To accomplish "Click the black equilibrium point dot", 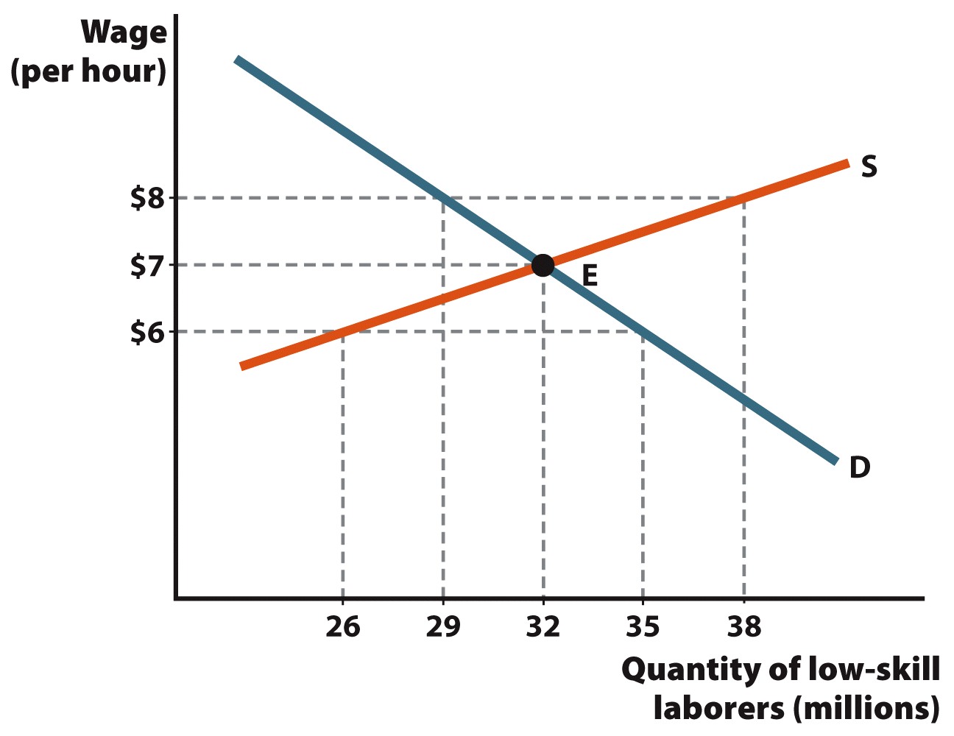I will click(543, 265).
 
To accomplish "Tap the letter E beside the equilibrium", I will click(590, 276).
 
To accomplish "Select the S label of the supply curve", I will click(869, 167).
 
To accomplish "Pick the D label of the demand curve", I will click(860, 467).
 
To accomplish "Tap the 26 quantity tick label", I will click(342, 626).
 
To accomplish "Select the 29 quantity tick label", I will click(442, 626).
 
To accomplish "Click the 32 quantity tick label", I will click(543, 626).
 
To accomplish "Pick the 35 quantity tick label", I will click(643, 626).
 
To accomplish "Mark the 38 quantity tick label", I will click(743, 626).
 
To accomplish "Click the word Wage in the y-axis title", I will click(124, 33).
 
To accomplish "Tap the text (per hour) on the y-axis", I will click(88, 72).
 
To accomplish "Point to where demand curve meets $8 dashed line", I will click(442, 198).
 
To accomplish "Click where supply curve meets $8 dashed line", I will click(743, 198).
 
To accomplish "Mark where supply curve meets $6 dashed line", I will click(342, 332).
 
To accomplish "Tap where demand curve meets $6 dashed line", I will click(643, 332).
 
